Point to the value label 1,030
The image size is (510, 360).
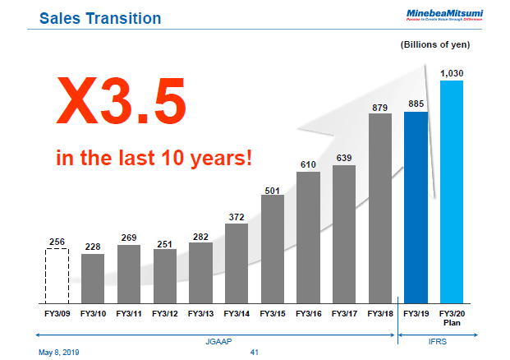452,73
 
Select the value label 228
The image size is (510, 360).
93,247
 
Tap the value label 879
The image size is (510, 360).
380,107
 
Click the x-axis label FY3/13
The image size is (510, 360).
200,313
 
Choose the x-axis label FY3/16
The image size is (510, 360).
309,313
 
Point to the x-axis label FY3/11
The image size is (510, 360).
129,313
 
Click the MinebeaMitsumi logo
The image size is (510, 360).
443,13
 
